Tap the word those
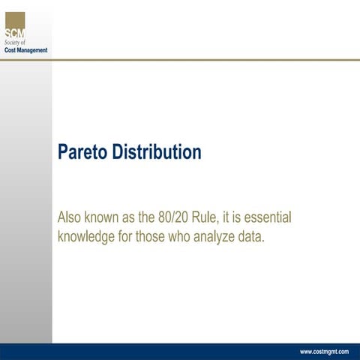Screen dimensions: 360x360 [163, 238]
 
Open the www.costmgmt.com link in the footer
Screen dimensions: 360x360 [324, 352]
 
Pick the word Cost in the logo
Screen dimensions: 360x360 [10, 50]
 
